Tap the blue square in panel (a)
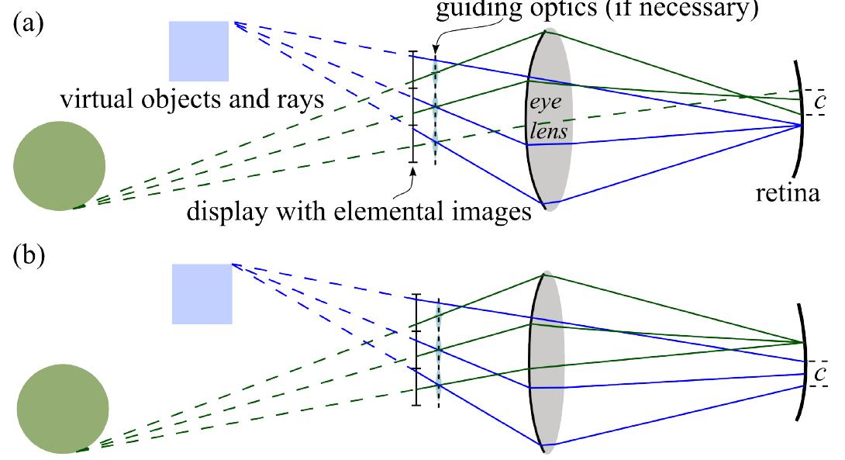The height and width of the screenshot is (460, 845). pyautogui.click(x=198, y=51)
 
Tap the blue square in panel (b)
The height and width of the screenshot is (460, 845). pyautogui.click(x=202, y=293)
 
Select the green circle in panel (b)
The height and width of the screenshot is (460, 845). pyautogui.click(x=62, y=410)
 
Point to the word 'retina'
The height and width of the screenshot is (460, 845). pyautogui.click(x=788, y=192)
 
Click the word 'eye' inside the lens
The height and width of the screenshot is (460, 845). pyautogui.click(x=547, y=102)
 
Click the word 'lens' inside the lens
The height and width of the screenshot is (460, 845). pyautogui.click(x=549, y=132)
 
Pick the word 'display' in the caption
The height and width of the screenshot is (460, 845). pyautogui.click(x=225, y=210)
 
